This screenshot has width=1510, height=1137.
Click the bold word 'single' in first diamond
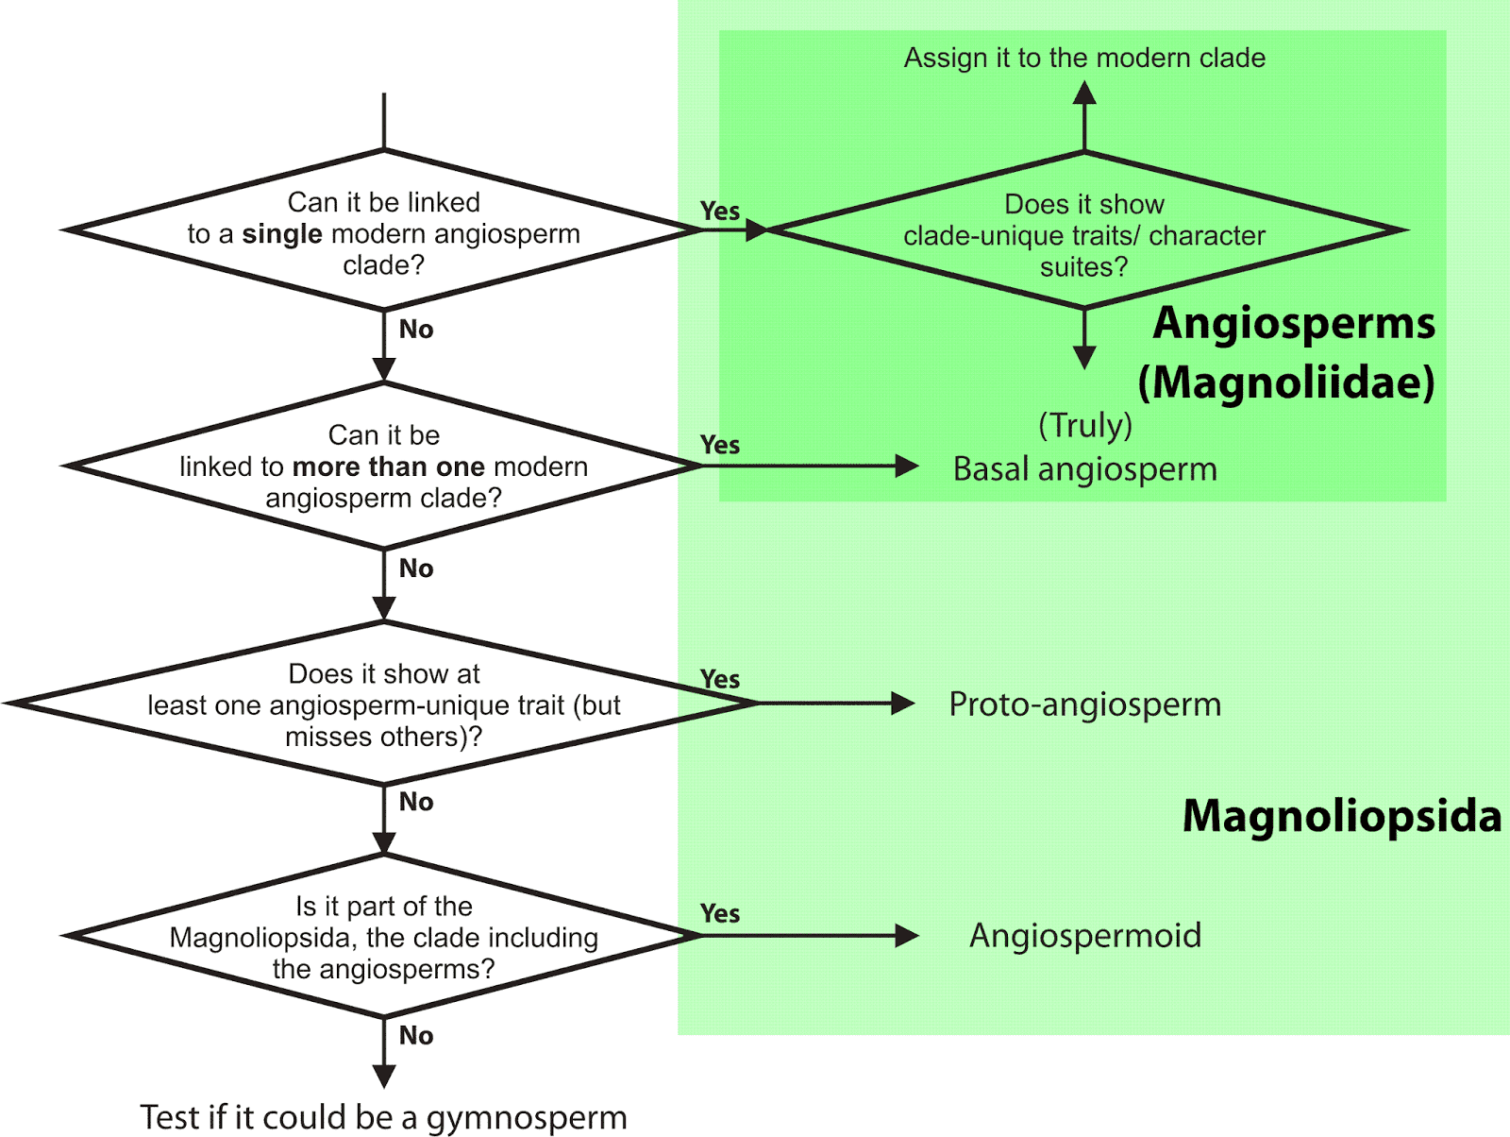[x=281, y=234]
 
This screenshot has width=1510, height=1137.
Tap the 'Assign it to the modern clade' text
[x=1084, y=59]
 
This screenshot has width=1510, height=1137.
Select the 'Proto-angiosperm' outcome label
[x=1084, y=704]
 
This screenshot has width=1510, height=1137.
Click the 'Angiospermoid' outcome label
[x=1084, y=936]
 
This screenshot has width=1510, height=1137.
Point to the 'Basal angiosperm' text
[x=1084, y=469]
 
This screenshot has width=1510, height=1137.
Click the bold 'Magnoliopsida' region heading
[x=1341, y=816]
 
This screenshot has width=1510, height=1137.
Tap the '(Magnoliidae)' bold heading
[x=1285, y=382]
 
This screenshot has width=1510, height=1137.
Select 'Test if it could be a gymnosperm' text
[x=383, y=1117]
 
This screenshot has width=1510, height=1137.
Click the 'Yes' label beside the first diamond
[x=720, y=212]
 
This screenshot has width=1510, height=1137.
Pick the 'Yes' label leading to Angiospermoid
[x=720, y=914]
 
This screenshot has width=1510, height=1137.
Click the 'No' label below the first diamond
[x=416, y=330]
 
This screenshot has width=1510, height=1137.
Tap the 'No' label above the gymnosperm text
[x=416, y=1036]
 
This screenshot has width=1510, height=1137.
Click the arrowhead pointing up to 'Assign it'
[x=1084, y=93]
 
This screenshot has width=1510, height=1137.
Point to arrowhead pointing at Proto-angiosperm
[x=903, y=704]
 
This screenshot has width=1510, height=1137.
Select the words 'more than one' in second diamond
[x=389, y=467]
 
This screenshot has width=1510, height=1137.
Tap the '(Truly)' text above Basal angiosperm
[x=1084, y=426]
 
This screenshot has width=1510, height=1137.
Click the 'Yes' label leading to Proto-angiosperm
[x=720, y=680]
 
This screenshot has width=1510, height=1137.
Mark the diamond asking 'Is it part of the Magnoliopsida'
[x=383, y=937]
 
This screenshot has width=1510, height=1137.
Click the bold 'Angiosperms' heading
[x=1293, y=323]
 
